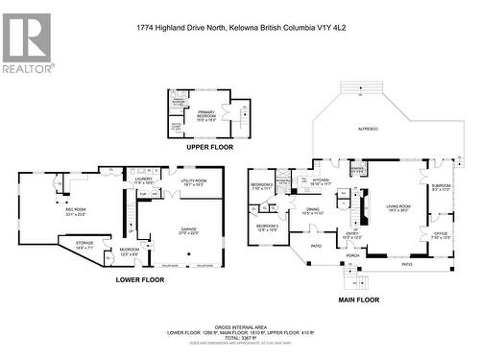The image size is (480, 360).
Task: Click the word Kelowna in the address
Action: coord(244,28)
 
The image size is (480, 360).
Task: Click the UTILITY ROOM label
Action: coord(194,181)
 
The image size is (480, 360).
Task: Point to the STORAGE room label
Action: coord(84,244)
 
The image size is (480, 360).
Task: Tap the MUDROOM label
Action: coord(129,250)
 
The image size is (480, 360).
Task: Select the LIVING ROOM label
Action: coord(400,206)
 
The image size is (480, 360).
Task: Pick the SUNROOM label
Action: coord(441,187)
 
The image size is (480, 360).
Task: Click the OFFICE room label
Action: coord(441,233)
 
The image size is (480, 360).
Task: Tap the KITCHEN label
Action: coord(321,180)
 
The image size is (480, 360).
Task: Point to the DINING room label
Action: coord(313,210)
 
